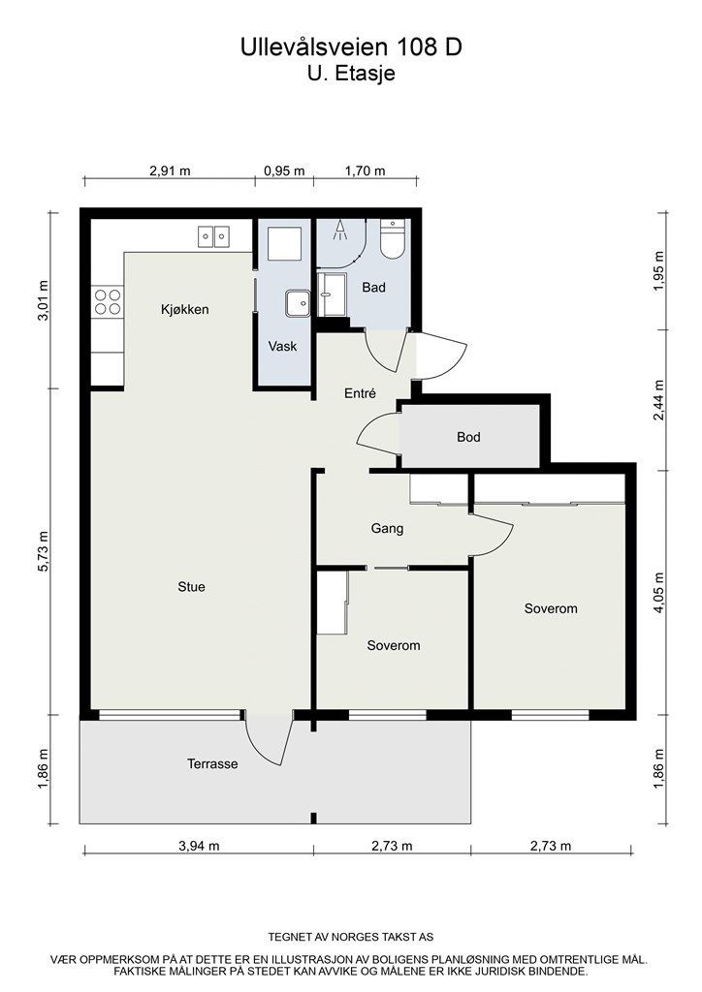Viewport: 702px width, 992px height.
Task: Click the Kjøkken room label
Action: point(184,309)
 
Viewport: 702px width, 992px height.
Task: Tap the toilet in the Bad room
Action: point(393,239)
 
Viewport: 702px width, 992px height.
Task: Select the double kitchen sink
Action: point(213,236)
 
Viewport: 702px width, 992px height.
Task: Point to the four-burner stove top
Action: point(108,301)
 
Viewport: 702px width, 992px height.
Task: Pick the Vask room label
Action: point(282,346)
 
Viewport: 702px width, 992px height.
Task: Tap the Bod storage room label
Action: point(468,437)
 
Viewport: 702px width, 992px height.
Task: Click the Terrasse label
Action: point(212,763)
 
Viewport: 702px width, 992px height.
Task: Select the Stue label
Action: point(191,587)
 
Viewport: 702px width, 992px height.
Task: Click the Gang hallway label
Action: point(388,528)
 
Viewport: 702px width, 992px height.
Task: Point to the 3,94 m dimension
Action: point(200,846)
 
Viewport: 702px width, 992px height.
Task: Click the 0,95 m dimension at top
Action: point(284,170)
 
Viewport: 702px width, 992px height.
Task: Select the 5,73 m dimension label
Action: point(43,551)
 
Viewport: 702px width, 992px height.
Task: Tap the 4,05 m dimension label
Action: point(659,593)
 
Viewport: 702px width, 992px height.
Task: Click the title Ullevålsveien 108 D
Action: point(351,46)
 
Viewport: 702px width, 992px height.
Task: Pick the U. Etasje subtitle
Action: point(351,73)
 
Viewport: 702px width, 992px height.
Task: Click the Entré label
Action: point(360,393)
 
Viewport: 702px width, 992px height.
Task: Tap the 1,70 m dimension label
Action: point(365,170)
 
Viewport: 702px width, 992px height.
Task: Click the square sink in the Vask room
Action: point(297,303)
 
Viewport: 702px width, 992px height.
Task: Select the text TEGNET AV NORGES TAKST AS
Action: point(351,937)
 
